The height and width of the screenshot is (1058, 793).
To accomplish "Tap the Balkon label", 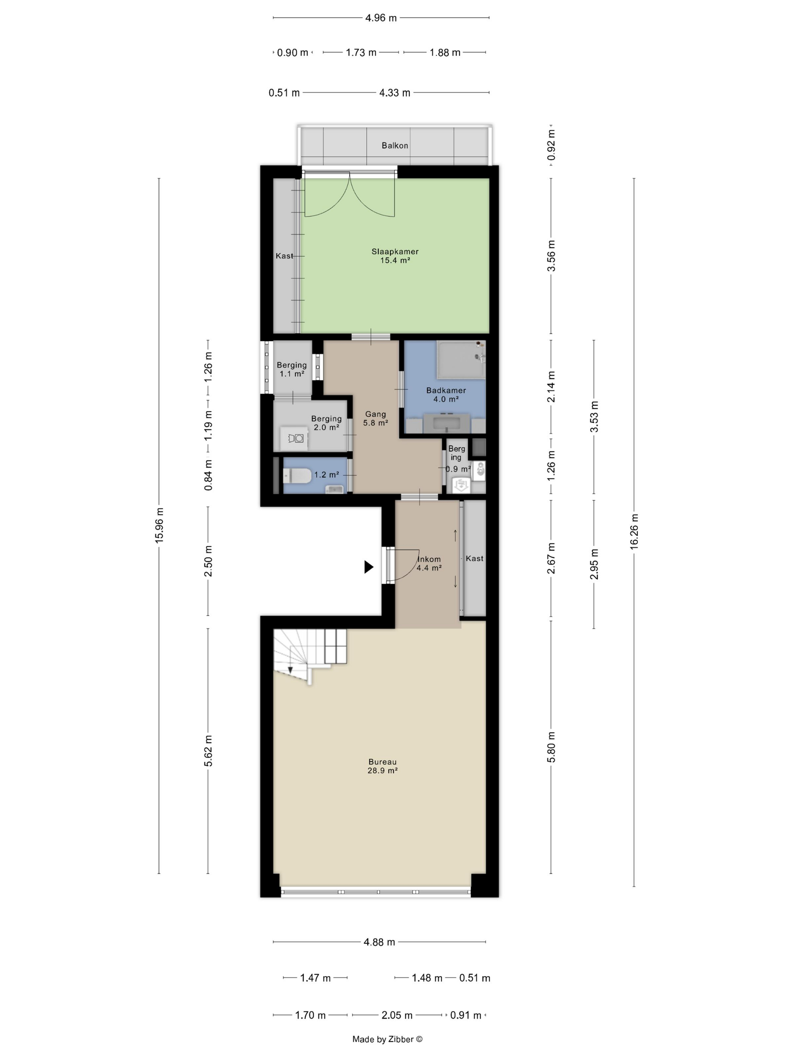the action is pyautogui.click(x=395, y=145).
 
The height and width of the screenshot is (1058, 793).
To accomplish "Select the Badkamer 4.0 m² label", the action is pyautogui.click(x=446, y=394).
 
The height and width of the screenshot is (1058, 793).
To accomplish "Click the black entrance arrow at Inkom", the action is pyautogui.click(x=369, y=567).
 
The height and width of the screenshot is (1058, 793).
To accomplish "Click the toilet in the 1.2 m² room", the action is pyautogui.click(x=297, y=475).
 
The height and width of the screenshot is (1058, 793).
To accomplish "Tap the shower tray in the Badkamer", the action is pyautogui.click(x=462, y=359).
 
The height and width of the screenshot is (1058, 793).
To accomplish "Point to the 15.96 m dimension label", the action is pyautogui.click(x=159, y=525).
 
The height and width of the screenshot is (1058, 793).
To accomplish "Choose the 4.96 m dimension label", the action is pyautogui.click(x=381, y=18).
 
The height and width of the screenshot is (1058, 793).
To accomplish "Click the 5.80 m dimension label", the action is pyautogui.click(x=551, y=747).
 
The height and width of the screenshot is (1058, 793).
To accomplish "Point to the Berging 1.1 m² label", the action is pyautogui.click(x=292, y=369).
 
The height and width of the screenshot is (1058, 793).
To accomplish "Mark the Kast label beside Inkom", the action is pyautogui.click(x=475, y=558).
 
